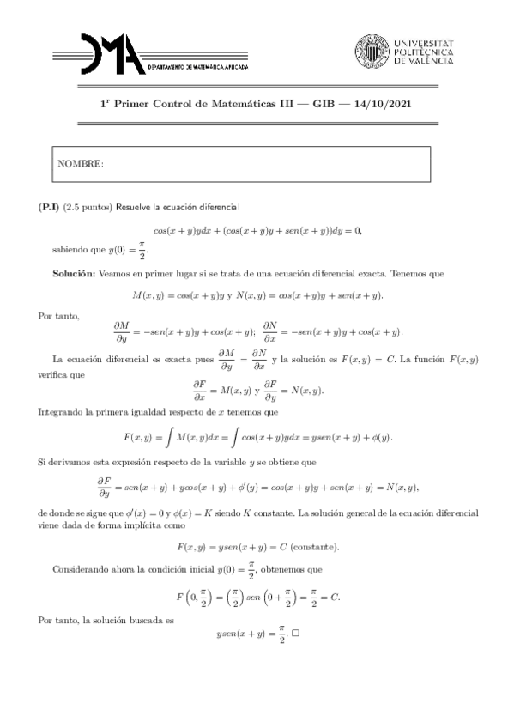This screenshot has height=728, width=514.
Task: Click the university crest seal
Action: [x=372, y=52]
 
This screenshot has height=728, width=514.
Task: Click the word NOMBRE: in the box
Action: [x=80, y=163]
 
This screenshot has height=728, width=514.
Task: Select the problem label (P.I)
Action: [x=49, y=207]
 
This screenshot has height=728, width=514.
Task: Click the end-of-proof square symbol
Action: [x=295, y=635]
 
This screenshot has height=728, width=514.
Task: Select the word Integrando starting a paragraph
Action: [x=61, y=411]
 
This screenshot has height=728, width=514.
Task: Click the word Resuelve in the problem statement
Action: [x=134, y=207]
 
